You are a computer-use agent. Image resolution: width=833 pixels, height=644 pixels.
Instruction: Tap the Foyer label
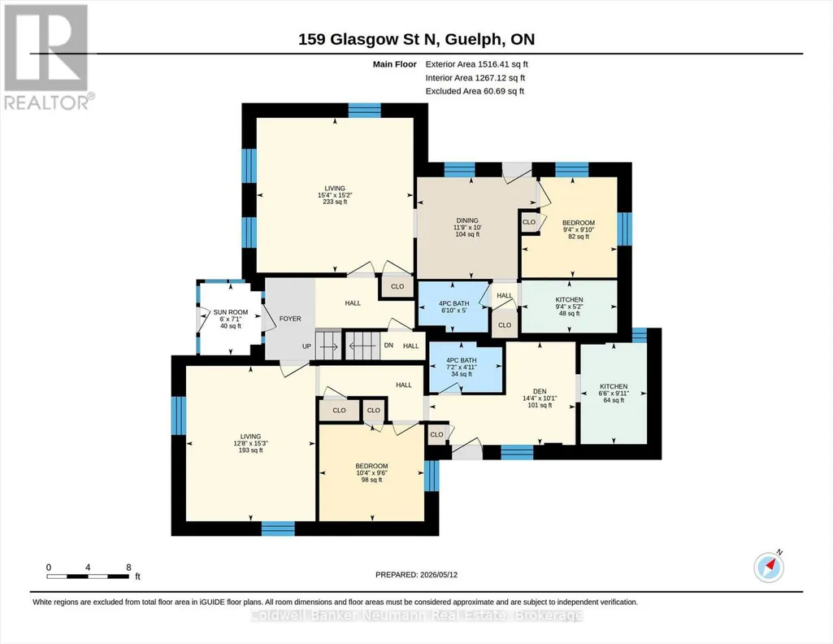[290, 319]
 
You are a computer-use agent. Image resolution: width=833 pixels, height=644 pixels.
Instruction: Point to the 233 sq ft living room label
[335, 195]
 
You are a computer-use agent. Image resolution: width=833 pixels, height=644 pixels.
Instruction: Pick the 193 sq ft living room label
[251, 443]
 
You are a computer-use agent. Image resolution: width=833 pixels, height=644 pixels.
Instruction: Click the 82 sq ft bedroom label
[579, 229]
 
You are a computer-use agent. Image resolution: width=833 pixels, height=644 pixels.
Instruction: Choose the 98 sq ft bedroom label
[371, 473]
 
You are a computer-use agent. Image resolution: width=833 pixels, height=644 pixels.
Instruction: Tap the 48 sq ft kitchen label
[570, 307]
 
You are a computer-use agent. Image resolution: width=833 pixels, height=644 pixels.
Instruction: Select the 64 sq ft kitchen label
[614, 394]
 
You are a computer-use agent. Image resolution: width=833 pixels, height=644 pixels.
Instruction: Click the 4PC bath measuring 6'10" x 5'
[454, 307]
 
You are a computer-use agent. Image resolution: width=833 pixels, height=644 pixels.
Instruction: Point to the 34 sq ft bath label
[461, 368]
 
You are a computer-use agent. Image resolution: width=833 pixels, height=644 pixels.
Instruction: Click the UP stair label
[306, 346]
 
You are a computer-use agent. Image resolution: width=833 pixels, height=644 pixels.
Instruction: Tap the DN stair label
[388, 346]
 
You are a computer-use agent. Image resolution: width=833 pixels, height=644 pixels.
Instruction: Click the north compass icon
[769, 567]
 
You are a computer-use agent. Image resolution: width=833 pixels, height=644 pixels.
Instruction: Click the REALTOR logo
[48, 57]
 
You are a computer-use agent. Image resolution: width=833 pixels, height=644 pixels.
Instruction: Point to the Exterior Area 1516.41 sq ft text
[476, 64]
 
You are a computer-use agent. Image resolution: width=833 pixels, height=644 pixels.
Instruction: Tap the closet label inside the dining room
[529, 222]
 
